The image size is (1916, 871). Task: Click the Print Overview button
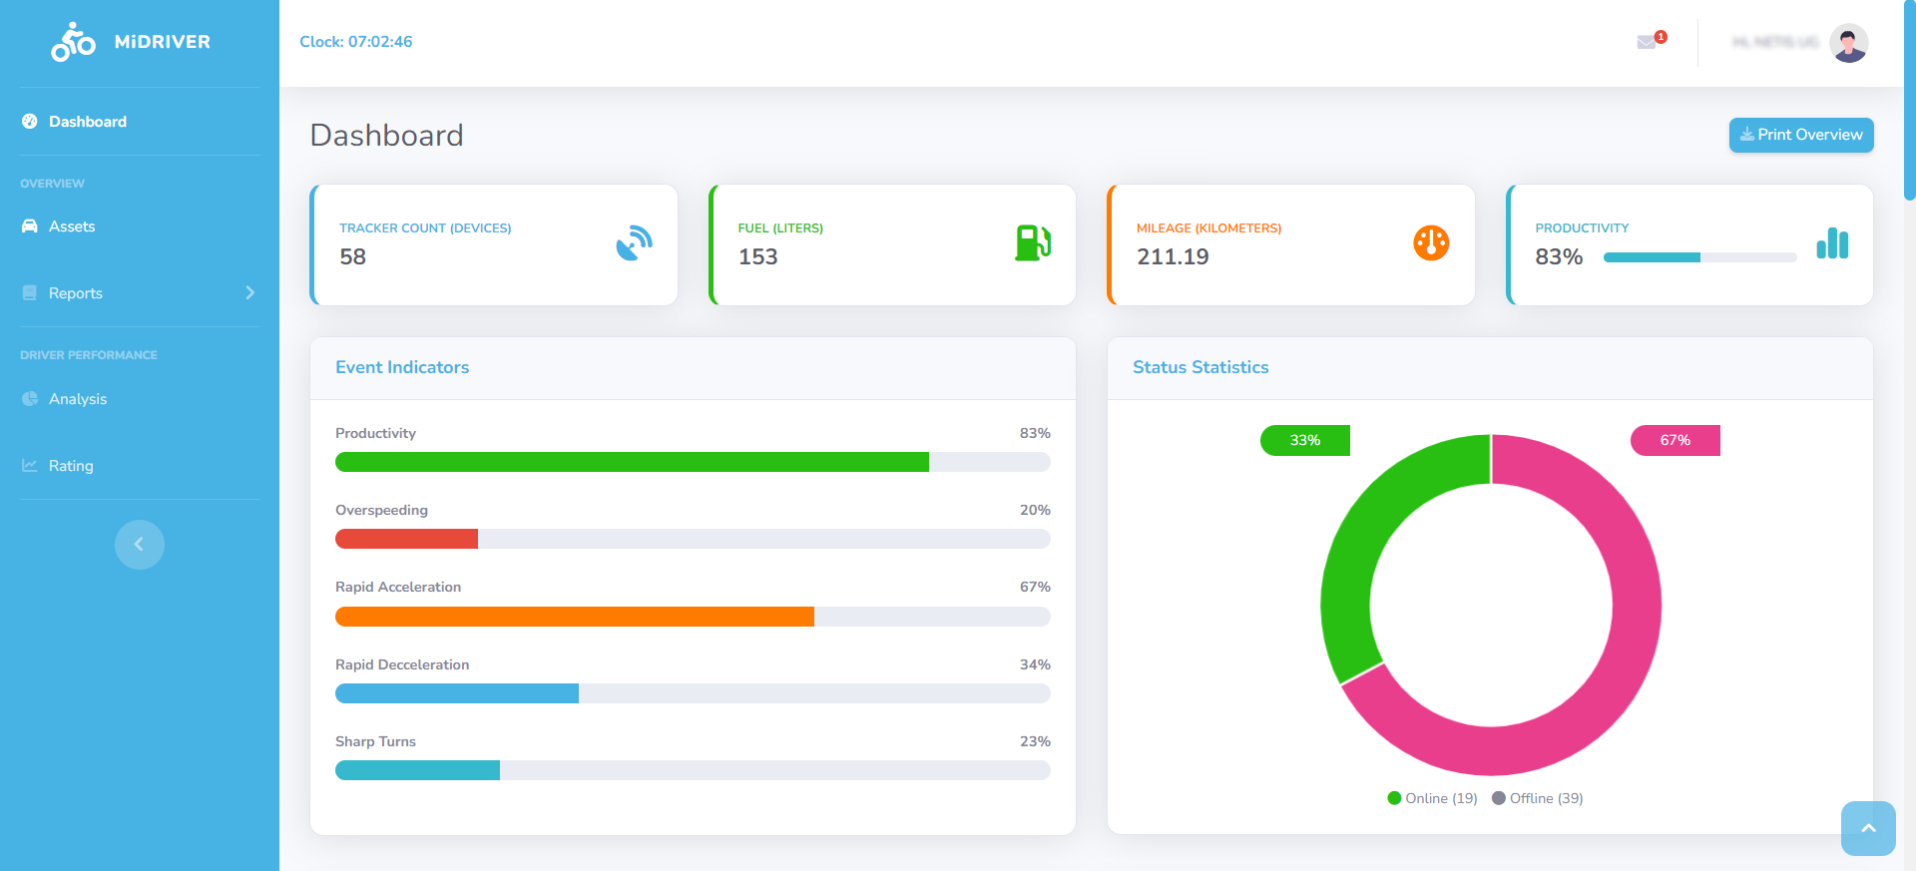pyautogui.click(x=1800, y=135)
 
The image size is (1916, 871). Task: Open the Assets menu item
pyautogui.click(x=72, y=226)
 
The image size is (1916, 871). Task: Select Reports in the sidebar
pyautogui.click(x=76, y=293)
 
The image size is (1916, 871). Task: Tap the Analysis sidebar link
pyautogui.click(x=78, y=399)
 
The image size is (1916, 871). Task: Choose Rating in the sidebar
pyautogui.click(x=71, y=466)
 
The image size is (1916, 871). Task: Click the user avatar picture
pyautogui.click(x=1848, y=43)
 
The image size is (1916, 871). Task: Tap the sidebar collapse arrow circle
pyautogui.click(x=140, y=545)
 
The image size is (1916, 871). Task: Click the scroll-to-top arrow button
pyautogui.click(x=1867, y=828)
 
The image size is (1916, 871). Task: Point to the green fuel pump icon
pyautogui.click(x=1032, y=242)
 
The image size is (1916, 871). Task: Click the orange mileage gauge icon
pyautogui.click(x=1430, y=242)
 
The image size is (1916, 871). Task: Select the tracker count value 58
pyautogui.click(x=352, y=257)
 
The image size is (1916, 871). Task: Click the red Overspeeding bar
pyautogui.click(x=406, y=539)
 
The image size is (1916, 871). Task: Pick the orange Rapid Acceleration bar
pyautogui.click(x=574, y=617)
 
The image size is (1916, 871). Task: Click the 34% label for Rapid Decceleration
pyautogui.click(x=1034, y=664)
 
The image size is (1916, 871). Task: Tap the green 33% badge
pyautogui.click(x=1304, y=440)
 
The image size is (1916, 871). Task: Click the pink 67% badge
pyautogui.click(x=1675, y=440)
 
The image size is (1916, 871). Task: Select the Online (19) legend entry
pyautogui.click(x=1432, y=798)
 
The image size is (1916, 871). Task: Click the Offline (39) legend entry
pyautogui.click(x=1538, y=798)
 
